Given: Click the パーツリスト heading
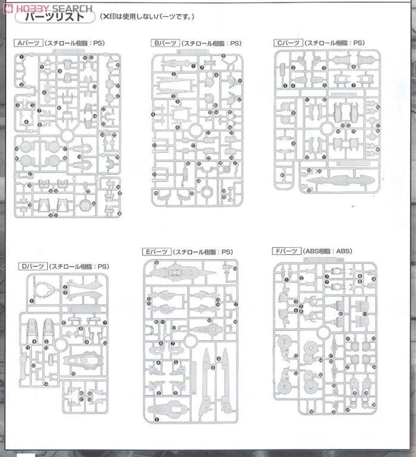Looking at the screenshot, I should [54, 17].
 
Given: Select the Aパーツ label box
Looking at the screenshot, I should [28, 43].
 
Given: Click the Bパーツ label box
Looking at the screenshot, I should [165, 43].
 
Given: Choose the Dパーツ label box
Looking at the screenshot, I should [32, 266].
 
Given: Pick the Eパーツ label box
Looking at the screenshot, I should [157, 252].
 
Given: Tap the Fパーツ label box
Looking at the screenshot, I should [287, 251].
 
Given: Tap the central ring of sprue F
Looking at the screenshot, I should [323, 332].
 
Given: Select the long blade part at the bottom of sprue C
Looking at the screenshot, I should [340, 180].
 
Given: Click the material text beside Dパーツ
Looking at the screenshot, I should [79, 267].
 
